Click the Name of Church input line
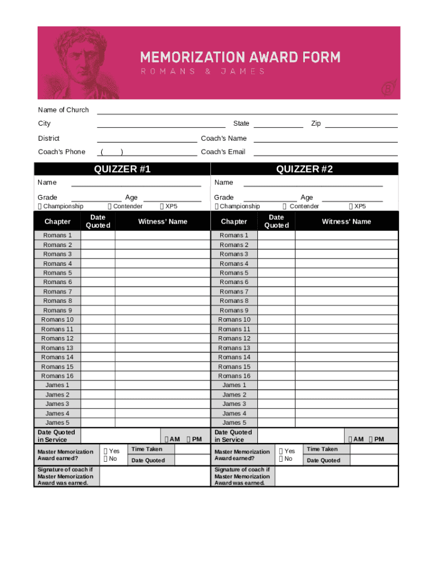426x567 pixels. pyautogui.click(x=247, y=110)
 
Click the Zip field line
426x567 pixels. pyautogui.click(x=361, y=124)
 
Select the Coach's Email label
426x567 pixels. pyautogui.click(x=223, y=152)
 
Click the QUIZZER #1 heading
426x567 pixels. pyautogui.click(x=122, y=169)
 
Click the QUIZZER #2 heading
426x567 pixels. pyautogui.click(x=304, y=169)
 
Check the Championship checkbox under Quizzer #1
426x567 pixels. pyautogui.click(x=40, y=207)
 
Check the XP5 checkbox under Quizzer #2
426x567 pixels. pyautogui.click(x=351, y=207)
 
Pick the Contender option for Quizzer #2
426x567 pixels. pyautogui.click(x=284, y=207)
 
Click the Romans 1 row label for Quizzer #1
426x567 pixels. pyautogui.click(x=58, y=235)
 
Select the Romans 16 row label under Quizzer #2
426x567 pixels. pyautogui.click(x=234, y=376)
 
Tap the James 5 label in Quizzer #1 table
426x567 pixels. pyautogui.click(x=58, y=422)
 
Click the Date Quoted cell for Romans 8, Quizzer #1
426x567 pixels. pyautogui.click(x=98, y=301)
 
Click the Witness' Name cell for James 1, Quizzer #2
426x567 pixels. pyautogui.click(x=346, y=385)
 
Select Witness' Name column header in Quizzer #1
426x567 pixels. pyautogui.click(x=163, y=221)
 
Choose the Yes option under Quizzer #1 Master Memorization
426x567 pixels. pyautogui.click(x=106, y=451)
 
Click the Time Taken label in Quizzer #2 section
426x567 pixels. pyautogui.click(x=322, y=449)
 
